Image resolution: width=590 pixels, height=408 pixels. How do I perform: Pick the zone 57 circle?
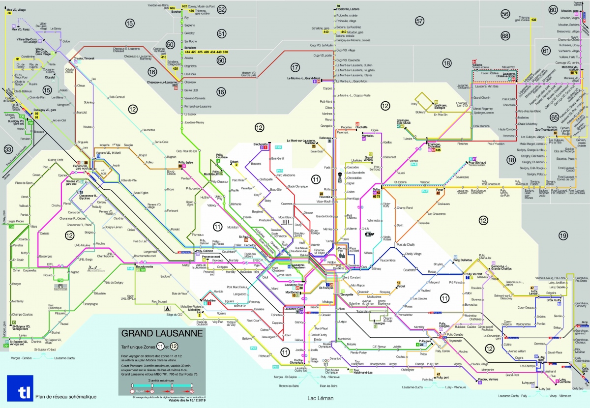point(419,21)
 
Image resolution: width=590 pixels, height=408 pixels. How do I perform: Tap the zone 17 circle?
point(295,67)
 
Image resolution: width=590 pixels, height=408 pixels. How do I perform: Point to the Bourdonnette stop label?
point(145,266)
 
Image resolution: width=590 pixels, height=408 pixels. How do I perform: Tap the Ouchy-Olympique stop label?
point(298,360)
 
